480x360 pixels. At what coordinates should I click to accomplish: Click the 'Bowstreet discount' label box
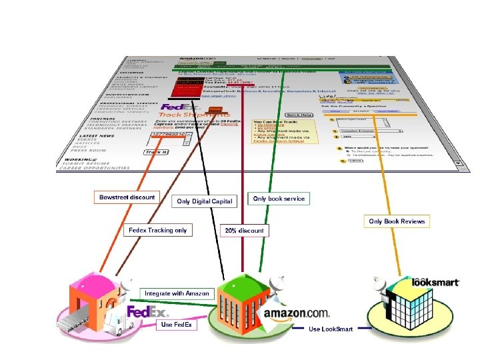coord(127,197)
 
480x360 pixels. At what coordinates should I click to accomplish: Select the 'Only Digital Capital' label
coord(204,201)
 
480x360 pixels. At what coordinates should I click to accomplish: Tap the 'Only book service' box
coord(279,198)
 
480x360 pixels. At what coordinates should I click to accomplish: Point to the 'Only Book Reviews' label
coord(396,221)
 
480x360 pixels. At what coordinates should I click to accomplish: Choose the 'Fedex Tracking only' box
coord(158,230)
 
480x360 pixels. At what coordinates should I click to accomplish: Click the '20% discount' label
coord(244,231)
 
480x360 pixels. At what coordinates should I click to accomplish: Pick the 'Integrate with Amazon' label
coord(177,293)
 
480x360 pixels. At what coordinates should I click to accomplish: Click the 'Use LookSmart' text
coord(331,329)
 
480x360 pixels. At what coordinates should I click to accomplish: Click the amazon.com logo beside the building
coord(297,313)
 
